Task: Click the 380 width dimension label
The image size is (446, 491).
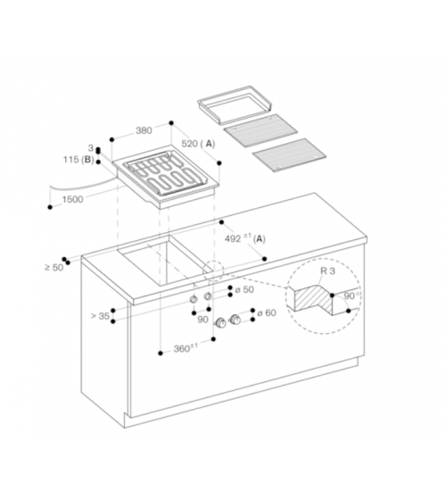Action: coord(144,130)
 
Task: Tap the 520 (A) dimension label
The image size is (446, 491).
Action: coord(198,144)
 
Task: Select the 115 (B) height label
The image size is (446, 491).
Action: coord(78,160)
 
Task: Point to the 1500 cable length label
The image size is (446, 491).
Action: coord(72,199)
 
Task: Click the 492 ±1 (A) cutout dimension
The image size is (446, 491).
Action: coord(245,238)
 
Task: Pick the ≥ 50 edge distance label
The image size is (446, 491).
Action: coord(54,268)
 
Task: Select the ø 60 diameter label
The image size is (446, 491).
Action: coord(267,312)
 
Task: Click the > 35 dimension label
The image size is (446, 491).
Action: coord(100,316)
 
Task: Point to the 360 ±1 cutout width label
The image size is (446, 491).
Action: coord(186,348)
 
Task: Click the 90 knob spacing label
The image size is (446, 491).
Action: coord(202,320)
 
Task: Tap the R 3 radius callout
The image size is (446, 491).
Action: coord(327,270)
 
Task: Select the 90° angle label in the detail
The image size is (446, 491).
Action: coord(351,295)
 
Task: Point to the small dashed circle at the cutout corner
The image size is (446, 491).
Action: coord(213,270)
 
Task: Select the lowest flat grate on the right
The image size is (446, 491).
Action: coord(289,155)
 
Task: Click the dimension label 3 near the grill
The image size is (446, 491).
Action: coord(91,148)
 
